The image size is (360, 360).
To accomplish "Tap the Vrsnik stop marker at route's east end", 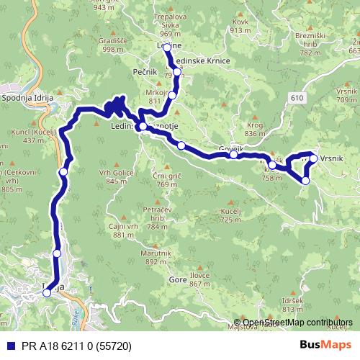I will point(313,158).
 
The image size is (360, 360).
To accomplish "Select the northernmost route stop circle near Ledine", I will point(167,48).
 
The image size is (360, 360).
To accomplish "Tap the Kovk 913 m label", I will point(240,26).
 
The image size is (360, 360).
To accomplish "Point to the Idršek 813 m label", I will point(293,304).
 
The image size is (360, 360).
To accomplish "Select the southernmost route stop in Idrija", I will point(47,292).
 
